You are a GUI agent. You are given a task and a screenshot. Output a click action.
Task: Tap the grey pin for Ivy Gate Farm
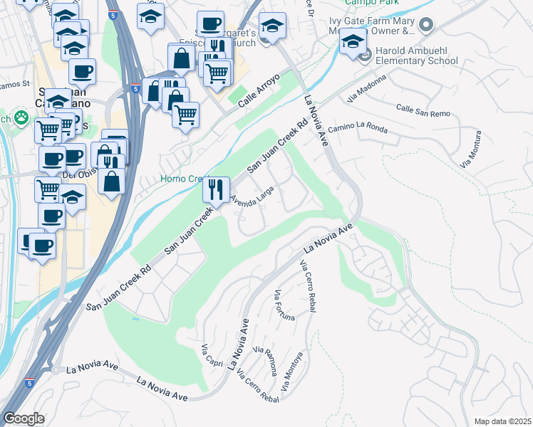click(426, 26)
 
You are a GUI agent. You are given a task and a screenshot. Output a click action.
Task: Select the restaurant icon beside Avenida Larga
click(216, 189)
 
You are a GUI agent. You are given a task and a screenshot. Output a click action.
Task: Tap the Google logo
click(24, 418)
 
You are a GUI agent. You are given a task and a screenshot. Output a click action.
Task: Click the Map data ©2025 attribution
click(502, 421)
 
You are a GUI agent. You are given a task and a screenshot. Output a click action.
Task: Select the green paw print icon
click(23, 117)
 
